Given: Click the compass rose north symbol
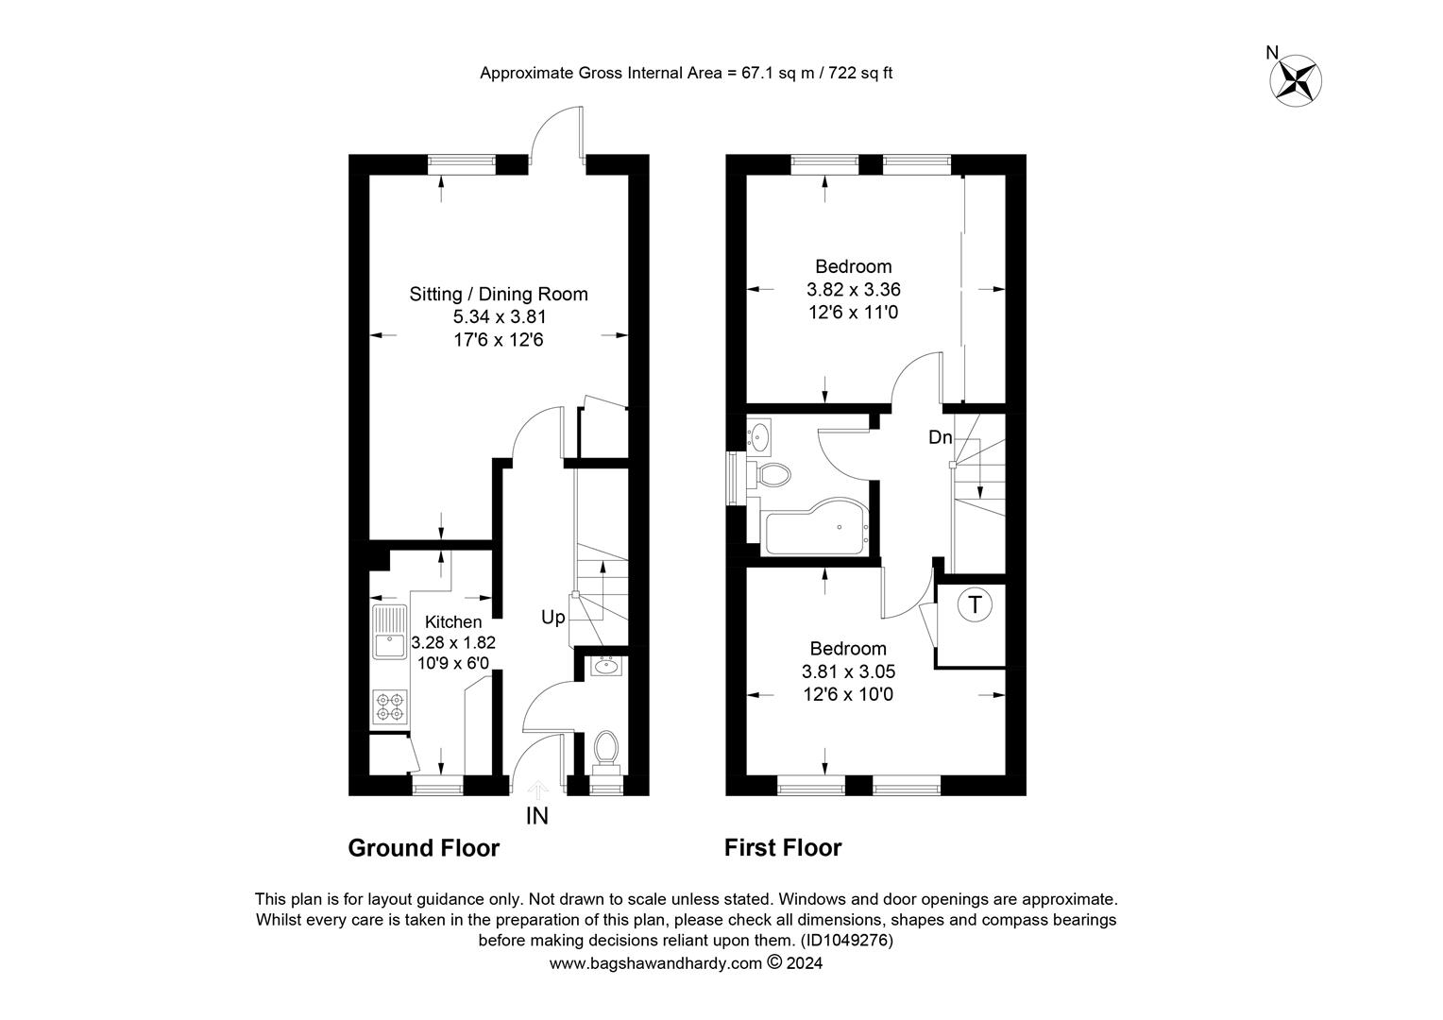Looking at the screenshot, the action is click(x=1296, y=81).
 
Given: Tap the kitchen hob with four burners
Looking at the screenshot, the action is click(x=391, y=706).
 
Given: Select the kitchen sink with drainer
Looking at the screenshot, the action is click(x=390, y=632).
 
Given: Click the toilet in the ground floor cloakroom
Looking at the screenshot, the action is click(x=605, y=752).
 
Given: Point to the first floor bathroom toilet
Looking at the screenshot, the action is click(x=769, y=475).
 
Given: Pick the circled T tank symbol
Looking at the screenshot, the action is click(x=975, y=605).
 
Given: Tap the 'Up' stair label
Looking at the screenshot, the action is click(x=552, y=618).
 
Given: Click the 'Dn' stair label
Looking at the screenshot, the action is click(x=940, y=437).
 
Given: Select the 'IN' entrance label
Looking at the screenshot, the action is click(x=537, y=816).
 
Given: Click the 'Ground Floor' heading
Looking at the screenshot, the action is click(x=423, y=848).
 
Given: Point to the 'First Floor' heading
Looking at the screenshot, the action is click(x=783, y=848).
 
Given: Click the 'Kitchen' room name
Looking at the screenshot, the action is click(x=453, y=621).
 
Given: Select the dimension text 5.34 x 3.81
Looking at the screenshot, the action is click(x=500, y=317).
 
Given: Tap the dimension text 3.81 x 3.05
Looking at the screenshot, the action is click(x=848, y=672).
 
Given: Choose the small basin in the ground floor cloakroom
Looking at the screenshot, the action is click(x=605, y=666).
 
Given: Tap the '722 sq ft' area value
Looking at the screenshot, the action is click(x=860, y=73).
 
